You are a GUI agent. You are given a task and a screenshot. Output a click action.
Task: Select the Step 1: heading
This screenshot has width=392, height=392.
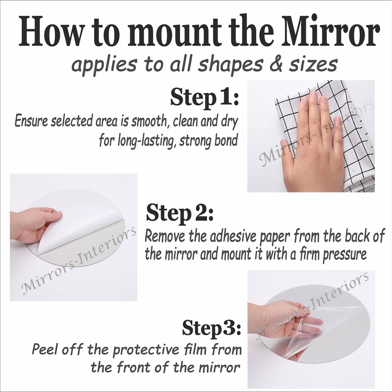[204, 98]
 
